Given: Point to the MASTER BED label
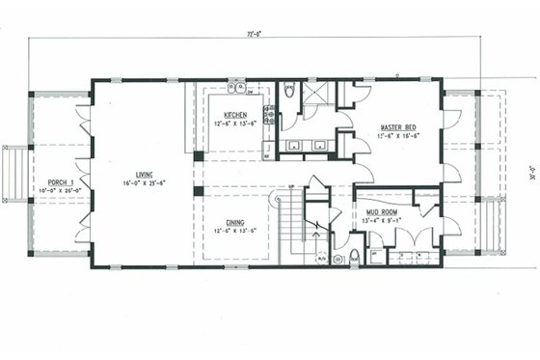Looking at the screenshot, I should tap(397, 127).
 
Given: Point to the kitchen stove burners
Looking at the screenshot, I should tap(269, 116).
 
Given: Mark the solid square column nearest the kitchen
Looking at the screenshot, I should tap(198, 155).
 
